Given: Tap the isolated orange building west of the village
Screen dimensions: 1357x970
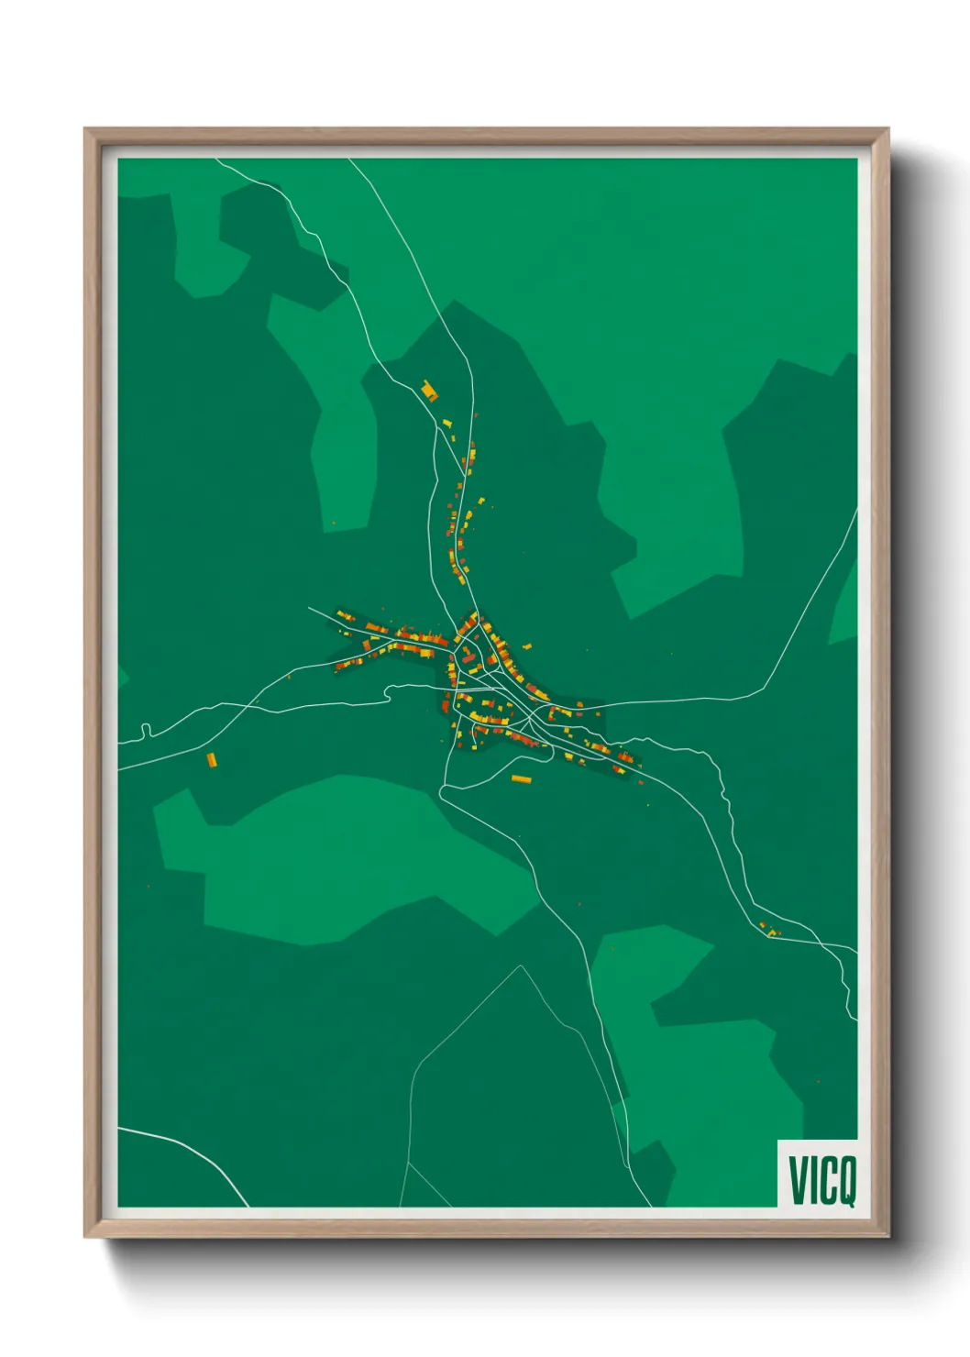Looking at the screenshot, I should click(x=212, y=759).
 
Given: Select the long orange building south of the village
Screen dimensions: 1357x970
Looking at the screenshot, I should click(x=521, y=779).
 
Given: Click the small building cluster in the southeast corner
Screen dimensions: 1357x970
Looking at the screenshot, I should click(x=770, y=931).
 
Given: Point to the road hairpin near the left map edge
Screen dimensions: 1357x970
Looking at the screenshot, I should click(x=145, y=731).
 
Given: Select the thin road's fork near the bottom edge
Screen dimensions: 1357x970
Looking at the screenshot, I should click(x=408, y=1163).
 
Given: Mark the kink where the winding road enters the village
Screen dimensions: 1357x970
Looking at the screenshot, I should click(x=390, y=690).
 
